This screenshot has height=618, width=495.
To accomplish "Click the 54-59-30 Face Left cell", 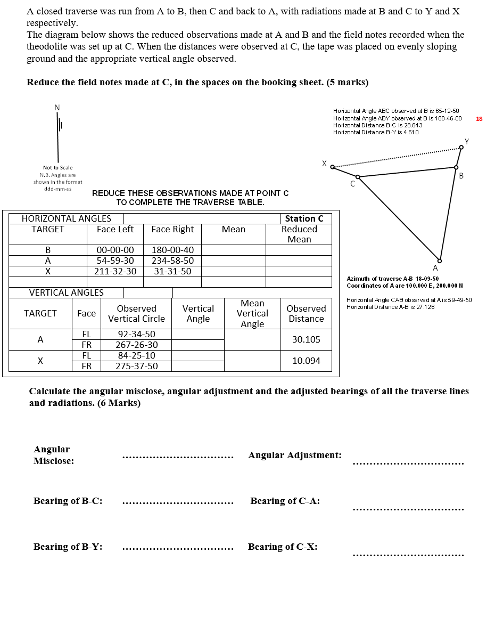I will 115,261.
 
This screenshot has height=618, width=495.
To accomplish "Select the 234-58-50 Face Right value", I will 172,261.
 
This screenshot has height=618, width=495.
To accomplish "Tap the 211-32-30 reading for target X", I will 115,271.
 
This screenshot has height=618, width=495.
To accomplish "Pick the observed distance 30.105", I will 306,339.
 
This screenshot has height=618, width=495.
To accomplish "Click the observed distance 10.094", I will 306,361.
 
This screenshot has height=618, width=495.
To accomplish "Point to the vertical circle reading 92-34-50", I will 136,334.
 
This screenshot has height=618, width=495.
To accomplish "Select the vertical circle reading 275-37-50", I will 136,366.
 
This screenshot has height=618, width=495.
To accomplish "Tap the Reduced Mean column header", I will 299,234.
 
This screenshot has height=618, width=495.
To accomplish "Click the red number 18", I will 479,119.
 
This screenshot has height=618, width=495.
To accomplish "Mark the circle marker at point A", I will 440,260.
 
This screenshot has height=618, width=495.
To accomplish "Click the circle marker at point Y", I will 461,148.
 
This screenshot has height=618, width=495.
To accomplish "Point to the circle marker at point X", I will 333,167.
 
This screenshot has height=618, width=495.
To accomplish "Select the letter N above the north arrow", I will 57,108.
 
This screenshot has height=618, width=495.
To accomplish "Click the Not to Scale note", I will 57,167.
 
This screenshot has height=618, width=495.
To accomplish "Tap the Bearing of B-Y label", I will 68,547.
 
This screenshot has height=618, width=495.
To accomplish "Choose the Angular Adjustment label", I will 295,455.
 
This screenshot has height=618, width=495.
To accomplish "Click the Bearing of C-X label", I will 283,547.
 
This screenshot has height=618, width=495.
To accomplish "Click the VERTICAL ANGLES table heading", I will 67,292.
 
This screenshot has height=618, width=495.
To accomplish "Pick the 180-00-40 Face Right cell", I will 172,250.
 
